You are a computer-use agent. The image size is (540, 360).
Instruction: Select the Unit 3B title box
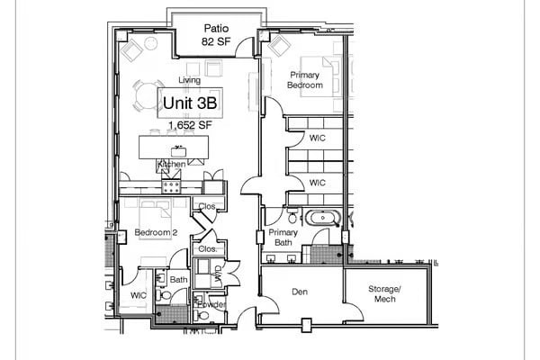[x=190, y=102]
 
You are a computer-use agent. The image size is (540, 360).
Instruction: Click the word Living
[x=189, y=80]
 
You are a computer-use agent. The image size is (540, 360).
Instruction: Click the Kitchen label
[x=171, y=165]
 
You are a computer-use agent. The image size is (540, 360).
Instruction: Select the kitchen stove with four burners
[x=171, y=185]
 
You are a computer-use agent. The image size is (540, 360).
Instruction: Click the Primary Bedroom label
[x=305, y=80]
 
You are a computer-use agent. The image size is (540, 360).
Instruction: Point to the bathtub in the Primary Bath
[x=320, y=218]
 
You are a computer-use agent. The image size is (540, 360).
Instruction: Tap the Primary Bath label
[x=283, y=238]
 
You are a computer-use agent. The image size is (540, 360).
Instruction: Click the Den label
[x=301, y=292]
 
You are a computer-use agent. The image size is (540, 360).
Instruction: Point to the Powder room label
[x=210, y=304]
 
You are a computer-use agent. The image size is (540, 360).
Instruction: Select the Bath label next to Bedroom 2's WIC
[x=178, y=280]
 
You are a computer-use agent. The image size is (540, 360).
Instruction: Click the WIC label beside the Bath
[x=138, y=294]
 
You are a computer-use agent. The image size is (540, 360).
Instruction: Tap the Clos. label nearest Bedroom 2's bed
[x=206, y=206]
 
